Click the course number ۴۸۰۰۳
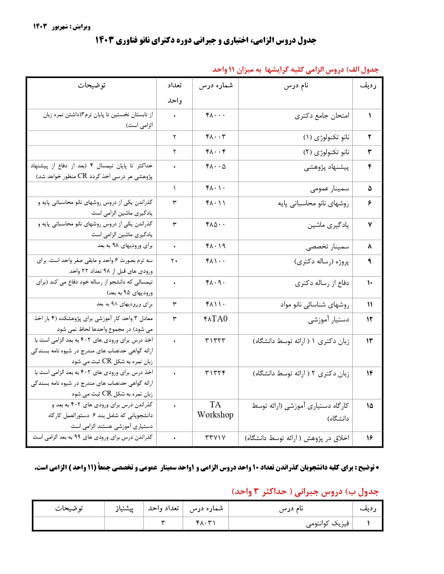pyautogui.click(x=215, y=137)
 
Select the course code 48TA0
pyautogui.click(x=215, y=319)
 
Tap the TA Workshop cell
pyautogui.click(x=215, y=409)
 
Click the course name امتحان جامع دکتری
pyautogui.click(x=322, y=116)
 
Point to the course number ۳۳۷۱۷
pyautogui.click(x=215, y=438)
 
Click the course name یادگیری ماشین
pyautogui.click(x=328, y=225)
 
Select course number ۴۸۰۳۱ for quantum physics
pyautogui.click(x=206, y=523)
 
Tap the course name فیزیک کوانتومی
pyautogui.click(x=327, y=524)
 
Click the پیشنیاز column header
pyautogui.click(x=124, y=509)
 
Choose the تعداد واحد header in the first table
pyautogui.click(x=174, y=93)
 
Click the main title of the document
pyautogui.click(x=205, y=40)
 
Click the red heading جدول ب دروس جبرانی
pyautogui.click(x=305, y=492)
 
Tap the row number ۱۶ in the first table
pyautogui.click(x=369, y=438)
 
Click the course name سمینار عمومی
pyautogui.click(x=329, y=189)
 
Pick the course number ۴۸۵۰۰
pyautogui.click(x=215, y=225)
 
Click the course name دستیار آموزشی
pyautogui.click(x=328, y=320)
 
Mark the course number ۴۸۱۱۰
pyautogui.click(x=215, y=304)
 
